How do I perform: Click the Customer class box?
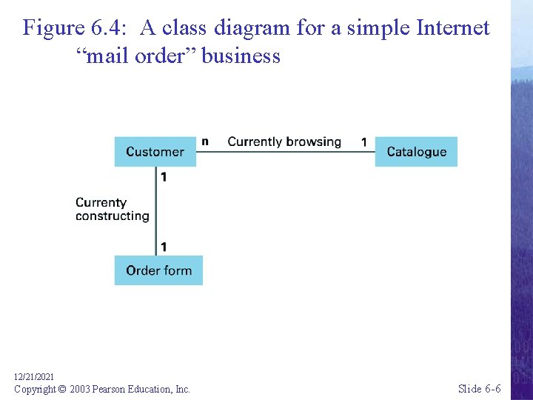tap(155, 152)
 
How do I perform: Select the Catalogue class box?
tap(416, 152)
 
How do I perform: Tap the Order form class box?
tap(158, 270)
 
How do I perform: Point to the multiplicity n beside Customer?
tap(205, 141)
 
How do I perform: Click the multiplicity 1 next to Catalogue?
tap(363, 141)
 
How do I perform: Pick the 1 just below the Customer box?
tap(164, 177)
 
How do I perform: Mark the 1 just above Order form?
tap(164, 246)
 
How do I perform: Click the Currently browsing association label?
tap(284, 141)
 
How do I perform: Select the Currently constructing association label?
tap(112, 209)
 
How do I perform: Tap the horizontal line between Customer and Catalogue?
tap(285, 152)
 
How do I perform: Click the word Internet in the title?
tap(453, 28)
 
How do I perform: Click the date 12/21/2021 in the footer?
tap(34, 377)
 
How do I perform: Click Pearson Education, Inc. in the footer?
tap(143, 389)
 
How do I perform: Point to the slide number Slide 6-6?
tap(479, 389)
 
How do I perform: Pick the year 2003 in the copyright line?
tap(81, 389)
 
